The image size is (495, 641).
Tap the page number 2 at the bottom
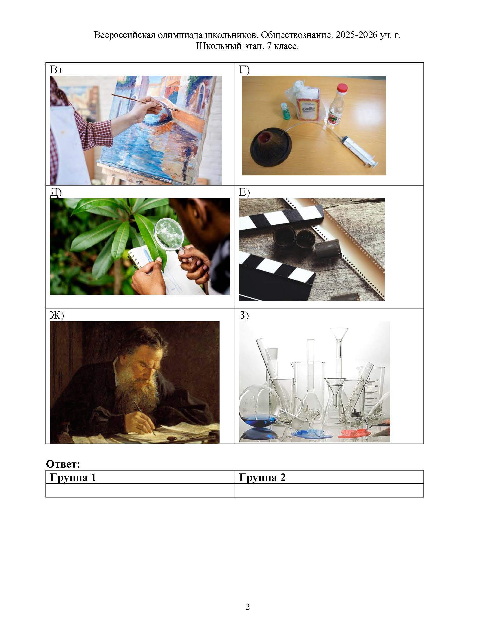click(x=247, y=607)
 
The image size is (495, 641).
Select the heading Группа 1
click(x=73, y=478)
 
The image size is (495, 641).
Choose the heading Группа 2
click(x=262, y=478)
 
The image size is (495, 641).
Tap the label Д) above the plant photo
click(x=56, y=193)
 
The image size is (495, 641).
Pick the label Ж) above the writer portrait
click(x=57, y=315)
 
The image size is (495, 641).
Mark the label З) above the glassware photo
click(x=244, y=315)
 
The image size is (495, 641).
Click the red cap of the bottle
click(x=342, y=88)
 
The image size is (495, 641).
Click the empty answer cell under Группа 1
click(x=140, y=491)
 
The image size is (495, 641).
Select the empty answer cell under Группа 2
click(x=329, y=491)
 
